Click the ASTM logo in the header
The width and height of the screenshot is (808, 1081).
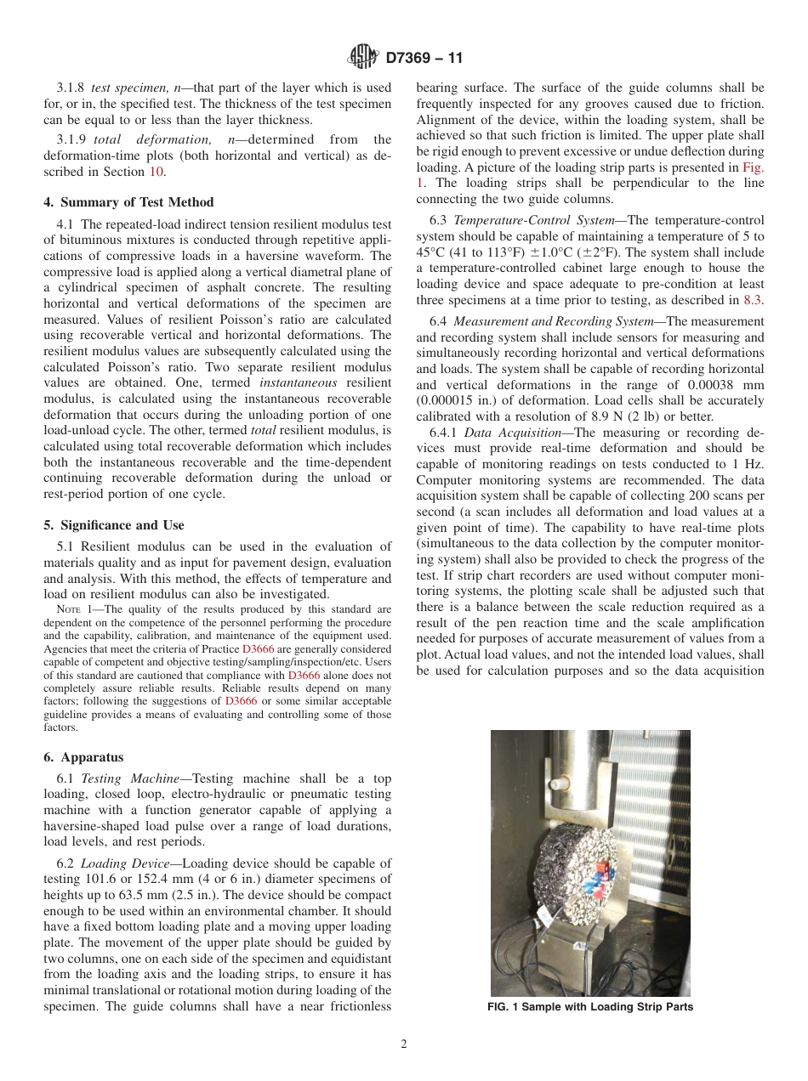(363, 58)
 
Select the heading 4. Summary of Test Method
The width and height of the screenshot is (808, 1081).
(128, 202)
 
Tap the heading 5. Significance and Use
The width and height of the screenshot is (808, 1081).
(114, 525)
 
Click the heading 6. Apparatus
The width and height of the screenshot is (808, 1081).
(83, 757)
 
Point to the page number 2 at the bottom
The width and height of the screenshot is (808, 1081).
(404, 1044)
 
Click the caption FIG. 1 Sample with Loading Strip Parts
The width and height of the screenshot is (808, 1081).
(590, 1007)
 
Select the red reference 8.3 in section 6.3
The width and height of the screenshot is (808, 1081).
(754, 300)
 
